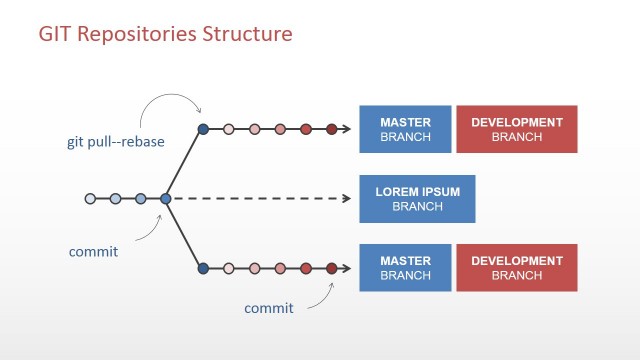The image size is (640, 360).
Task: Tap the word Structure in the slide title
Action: click(247, 34)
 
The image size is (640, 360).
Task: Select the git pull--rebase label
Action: click(109, 142)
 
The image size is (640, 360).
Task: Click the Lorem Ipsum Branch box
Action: click(417, 199)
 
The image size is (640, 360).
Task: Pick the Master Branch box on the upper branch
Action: click(405, 129)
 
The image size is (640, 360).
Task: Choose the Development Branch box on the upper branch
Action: click(517, 129)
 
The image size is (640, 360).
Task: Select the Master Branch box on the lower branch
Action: click(405, 267)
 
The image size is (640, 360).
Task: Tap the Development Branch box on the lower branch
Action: click(517, 267)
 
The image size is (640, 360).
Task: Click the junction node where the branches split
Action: click(166, 198)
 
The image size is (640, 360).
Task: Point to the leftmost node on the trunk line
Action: click(90, 198)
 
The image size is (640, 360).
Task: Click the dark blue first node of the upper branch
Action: click(203, 129)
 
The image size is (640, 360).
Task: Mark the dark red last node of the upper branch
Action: click(331, 129)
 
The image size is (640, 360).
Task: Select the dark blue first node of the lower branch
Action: click(203, 268)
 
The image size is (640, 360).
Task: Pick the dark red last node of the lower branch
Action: click(331, 268)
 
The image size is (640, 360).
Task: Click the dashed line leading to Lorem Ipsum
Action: click(260, 198)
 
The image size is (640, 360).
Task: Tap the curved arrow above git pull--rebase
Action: click(170, 100)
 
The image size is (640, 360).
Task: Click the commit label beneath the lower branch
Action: click(269, 308)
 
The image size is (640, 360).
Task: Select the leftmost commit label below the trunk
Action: click(93, 251)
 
